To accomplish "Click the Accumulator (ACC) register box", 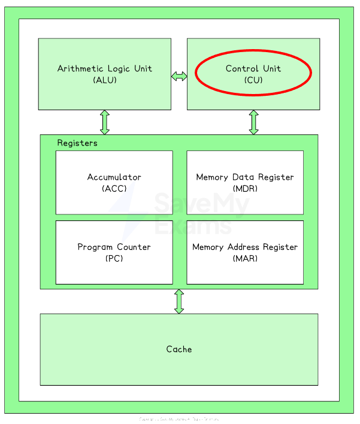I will [114, 182].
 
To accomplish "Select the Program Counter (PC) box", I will [114, 252].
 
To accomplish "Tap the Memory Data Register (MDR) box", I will [245, 182].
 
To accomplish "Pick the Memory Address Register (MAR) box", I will [245, 252].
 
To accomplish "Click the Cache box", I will [179, 349].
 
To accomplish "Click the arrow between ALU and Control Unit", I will [179, 76].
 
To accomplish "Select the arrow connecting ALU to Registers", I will [105, 122].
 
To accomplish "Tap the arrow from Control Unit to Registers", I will [253, 122].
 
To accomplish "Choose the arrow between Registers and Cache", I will [179, 301].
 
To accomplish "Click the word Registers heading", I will [77, 143].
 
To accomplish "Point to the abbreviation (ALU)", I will [105, 80].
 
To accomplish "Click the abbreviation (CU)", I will [253, 80].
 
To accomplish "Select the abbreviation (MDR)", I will [245, 188].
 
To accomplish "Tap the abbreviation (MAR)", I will [245, 258].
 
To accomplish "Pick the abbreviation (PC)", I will [114, 258].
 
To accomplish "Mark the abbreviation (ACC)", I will [114, 188].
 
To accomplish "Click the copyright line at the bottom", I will [179, 419].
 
